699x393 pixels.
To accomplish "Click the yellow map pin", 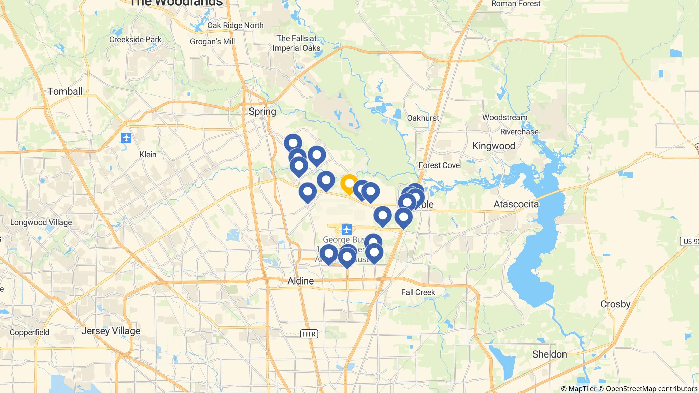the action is [349, 184].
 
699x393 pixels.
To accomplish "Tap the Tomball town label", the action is [65, 91].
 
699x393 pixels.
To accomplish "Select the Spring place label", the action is [262, 112].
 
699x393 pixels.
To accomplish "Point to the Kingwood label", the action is [494, 146].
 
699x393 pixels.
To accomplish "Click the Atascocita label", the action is [516, 204].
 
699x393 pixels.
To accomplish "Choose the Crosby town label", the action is [615, 304].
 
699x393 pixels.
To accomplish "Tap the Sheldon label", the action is [550, 354].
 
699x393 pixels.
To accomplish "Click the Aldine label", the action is [300, 281].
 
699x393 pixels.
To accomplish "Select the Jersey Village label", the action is [111, 331].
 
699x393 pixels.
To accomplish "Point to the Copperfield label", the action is [30, 332].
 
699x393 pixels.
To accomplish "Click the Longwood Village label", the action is [41, 222].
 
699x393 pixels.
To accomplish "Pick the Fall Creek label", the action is [418, 292].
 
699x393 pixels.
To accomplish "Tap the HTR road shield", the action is [309, 334].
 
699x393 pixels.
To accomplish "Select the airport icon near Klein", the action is [126, 138].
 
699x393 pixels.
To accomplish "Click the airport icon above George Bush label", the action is [347, 230].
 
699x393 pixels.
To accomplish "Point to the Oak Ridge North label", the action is [236, 25].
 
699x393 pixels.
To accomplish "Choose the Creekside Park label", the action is [135, 40].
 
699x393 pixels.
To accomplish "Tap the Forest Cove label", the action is [439, 165].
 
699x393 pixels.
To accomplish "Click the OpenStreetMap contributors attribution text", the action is [651, 389].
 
